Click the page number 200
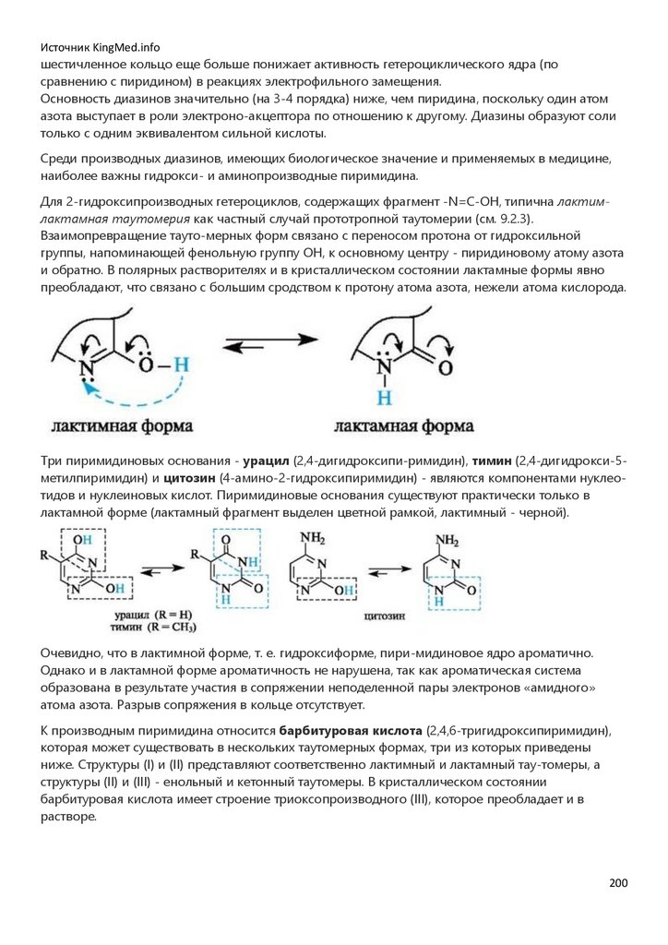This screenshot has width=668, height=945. (x=617, y=883)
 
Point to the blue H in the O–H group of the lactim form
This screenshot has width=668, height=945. (x=182, y=364)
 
